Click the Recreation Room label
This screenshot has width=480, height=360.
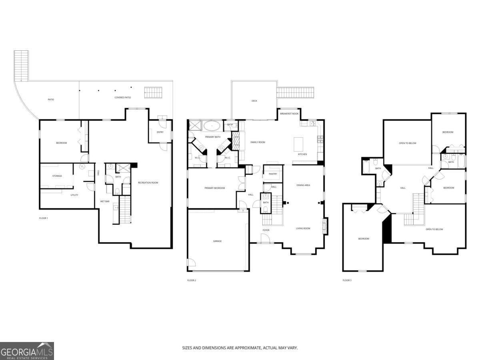[x=148, y=183]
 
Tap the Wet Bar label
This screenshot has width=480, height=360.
[x=105, y=201]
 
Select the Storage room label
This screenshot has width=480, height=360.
[x=57, y=176]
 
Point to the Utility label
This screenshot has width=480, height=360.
[x=74, y=195]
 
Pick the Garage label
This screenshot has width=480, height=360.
[x=217, y=241]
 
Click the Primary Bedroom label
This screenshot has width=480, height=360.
[x=214, y=188]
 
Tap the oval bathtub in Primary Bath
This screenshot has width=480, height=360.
[x=212, y=126]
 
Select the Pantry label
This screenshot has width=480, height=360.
[x=273, y=174]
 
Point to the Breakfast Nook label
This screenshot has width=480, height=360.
[x=289, y=114]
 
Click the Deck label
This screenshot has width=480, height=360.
[x=254, y=101]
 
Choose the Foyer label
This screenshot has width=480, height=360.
[x=266, y=230]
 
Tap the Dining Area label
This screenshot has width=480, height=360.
[x=303, y=185]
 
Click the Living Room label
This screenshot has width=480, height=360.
[x=303, y=228]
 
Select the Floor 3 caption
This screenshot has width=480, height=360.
[x=347, y=280]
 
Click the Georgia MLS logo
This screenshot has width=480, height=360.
[x=27, y=351]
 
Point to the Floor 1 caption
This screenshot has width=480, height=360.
[x=43, y=218]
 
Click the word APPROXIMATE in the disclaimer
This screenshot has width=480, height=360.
[x=247, y=348]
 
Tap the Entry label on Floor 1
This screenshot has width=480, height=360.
[x=160, y=132]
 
